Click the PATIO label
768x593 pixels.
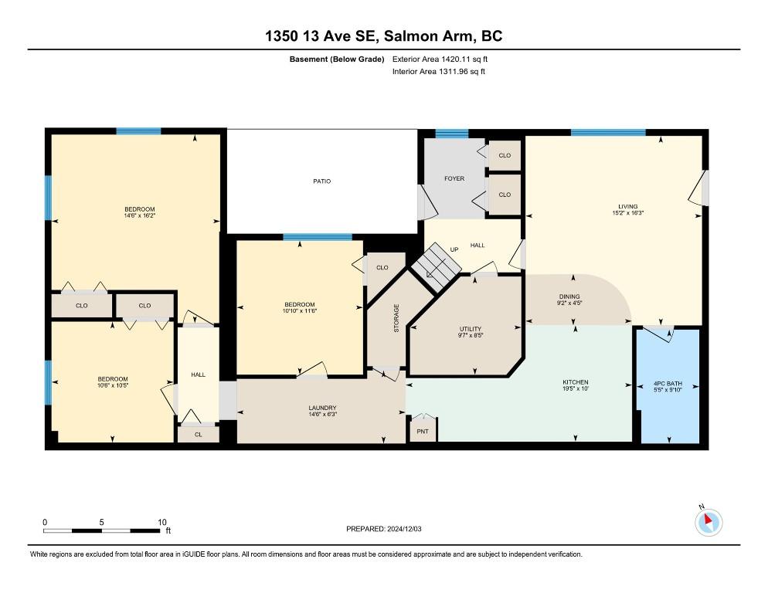point(321,181)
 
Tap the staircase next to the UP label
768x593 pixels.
point(436,267)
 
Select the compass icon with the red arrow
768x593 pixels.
point(709,522)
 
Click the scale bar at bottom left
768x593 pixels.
point(102,530)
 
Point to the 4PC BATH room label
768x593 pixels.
point(668,384)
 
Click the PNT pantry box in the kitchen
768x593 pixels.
point(423,431)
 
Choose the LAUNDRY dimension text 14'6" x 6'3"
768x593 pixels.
point(322,415)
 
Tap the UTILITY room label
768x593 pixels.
point(471,329)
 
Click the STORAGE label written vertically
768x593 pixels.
point(396,318)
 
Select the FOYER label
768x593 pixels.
point(454,178)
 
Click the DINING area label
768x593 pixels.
point(569,296)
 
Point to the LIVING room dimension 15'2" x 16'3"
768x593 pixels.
point(628,213)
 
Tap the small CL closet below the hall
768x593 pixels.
point(199,435)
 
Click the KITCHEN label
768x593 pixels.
point(576,382)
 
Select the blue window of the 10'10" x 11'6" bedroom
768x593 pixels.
point(318,238)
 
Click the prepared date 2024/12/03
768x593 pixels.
point(404,529)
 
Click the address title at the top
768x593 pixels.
point(383,36)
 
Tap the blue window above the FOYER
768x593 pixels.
point(451,134)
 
